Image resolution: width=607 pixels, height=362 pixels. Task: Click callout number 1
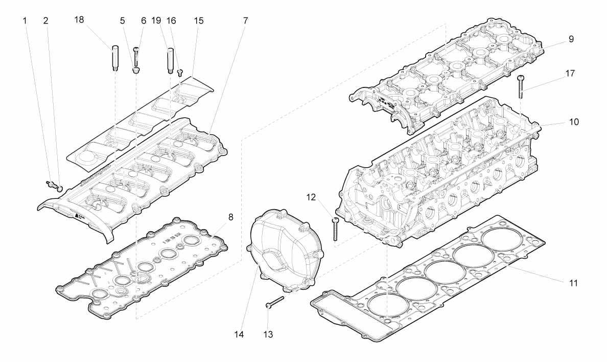pos(25,20)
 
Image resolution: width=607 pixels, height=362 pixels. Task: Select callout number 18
pos(79,20)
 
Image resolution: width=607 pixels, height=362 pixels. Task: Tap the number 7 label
pos(245,20)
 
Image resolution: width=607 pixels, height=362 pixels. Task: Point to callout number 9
pos(571,39)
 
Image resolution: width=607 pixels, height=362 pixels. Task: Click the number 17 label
pos(570,73)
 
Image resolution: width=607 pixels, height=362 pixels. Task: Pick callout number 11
pos(573,283)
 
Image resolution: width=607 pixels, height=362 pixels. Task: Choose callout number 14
pos(239,334)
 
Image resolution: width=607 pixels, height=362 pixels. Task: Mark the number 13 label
pos(268,334)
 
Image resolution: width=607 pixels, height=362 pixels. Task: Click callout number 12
pos(311,197)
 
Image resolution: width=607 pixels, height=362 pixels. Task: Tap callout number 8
pos(231,217)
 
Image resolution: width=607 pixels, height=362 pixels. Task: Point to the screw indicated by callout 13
pos(275,302)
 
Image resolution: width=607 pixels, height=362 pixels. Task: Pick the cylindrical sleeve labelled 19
pos(170,60)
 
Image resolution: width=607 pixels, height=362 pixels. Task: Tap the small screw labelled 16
pos(180,73)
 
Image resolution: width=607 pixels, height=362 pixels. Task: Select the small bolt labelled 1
pos(50,184)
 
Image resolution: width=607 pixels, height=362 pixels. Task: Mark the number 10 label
pos(574,122)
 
